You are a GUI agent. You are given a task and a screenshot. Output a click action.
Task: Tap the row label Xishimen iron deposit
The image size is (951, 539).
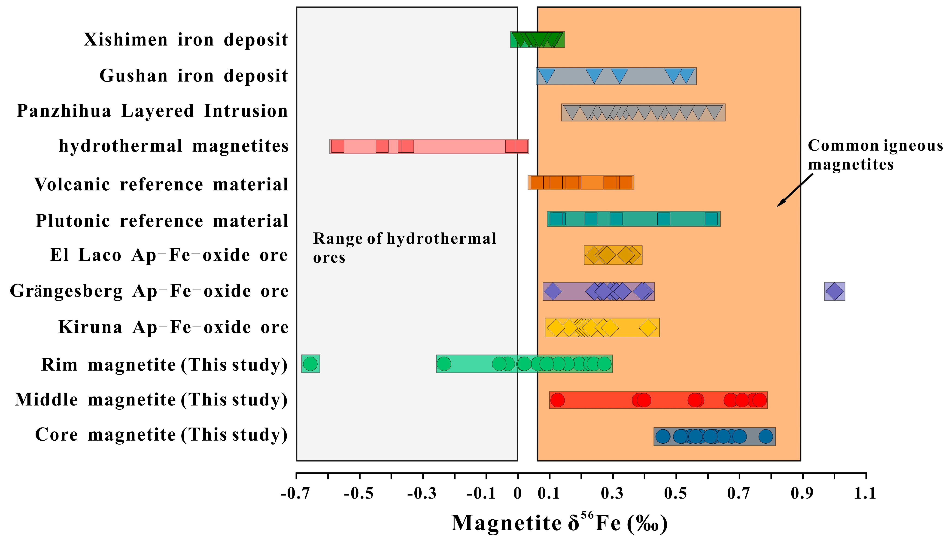pyautogui.click(x=185, y=40)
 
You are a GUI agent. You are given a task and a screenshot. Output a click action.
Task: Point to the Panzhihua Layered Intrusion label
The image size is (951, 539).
pyautogui.click(x=152, y=111)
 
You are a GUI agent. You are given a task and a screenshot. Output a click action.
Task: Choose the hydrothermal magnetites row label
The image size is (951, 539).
pyautogui.click(x=173, y=146)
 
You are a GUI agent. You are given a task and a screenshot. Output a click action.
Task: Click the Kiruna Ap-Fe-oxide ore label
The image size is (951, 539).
pyautogui.click(x=173, y=327)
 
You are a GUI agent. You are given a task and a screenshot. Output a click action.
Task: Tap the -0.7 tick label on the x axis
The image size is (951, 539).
pyautogui.click(x=295, y=494)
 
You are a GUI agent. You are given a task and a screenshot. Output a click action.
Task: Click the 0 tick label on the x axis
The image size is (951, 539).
pyautogui.click(x=517, y=494)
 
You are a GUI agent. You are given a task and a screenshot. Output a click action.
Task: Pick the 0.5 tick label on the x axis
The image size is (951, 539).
pyautogui.click(x=676, y=494)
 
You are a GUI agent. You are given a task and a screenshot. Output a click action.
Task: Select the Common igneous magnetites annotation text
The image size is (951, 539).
pyautogui.click(x=875, y=155)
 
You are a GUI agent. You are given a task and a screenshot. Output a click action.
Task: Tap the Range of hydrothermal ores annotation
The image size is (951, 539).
pyautogui.click(x=404, y=247)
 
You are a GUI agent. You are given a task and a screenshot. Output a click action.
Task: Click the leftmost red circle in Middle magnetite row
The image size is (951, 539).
pyautogui.click(x=557, y=400)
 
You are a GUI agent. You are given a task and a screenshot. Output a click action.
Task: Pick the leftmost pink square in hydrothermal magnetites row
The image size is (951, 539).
pyautogui.click(x=337, y=146)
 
